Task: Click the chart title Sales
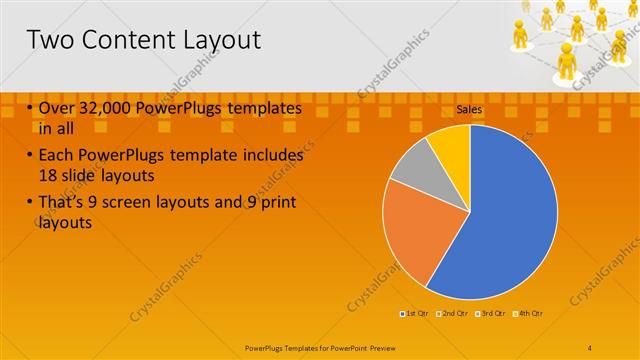point(469,108)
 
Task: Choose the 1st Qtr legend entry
point(416,314)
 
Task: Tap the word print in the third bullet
point(277,204)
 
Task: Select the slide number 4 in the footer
point(590,346)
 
